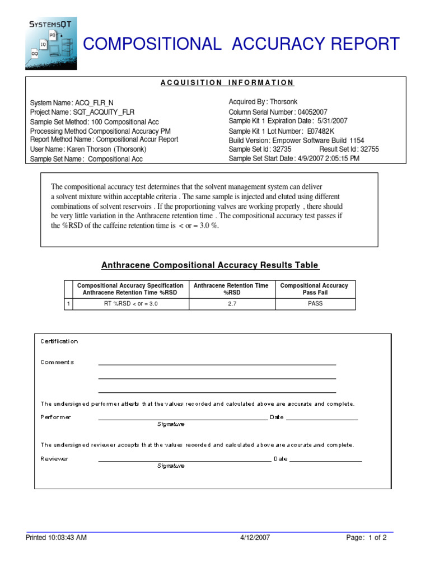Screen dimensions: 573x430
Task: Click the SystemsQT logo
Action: (51, 43)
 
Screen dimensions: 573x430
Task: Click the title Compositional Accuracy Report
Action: (241, 44)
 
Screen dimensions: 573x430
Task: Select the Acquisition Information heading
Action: (227, 83)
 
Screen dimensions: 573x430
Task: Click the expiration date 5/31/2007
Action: (332, 121)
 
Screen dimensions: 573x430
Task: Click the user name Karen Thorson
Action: (90, 149)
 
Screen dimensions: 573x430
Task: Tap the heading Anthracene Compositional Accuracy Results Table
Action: (209, 265)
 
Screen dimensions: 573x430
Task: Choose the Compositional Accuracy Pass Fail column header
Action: (314, 289)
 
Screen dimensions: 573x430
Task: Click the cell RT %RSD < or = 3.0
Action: (130, 304)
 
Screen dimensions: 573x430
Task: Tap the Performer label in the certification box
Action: (56, 417)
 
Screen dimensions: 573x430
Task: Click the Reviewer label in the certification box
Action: (54, 459)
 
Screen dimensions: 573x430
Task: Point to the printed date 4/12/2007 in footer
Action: (255, 538)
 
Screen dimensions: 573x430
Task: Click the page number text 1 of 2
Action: (376, 538)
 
